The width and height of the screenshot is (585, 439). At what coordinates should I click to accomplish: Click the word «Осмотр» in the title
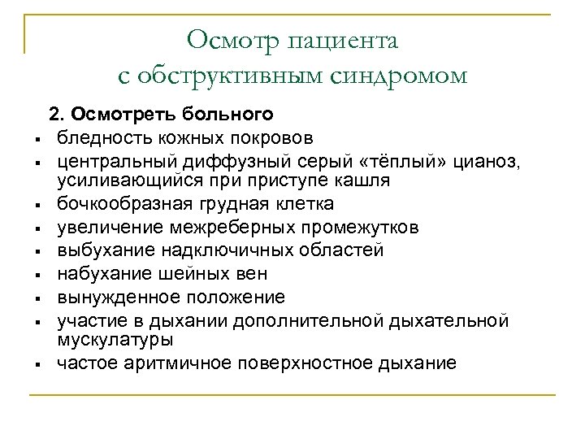(x=229, y=38)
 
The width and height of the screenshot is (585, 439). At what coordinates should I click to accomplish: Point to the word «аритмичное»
(x=167, y=362)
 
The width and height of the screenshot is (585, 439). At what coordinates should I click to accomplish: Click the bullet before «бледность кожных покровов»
(x=38, y=137)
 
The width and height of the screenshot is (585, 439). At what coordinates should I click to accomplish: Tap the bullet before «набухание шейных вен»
(x=38, y=275)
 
